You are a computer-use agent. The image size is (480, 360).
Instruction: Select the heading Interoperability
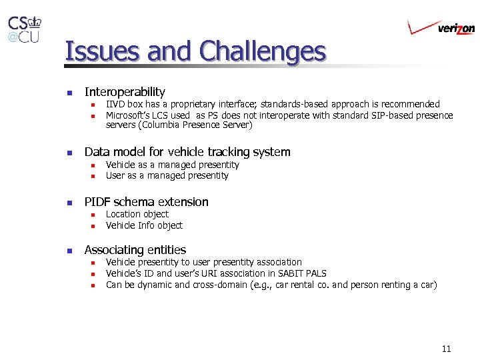click(x=125, y=92)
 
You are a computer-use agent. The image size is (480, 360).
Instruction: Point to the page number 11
click(x=446, y=349)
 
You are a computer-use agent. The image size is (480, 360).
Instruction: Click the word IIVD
click(x=115, y=104)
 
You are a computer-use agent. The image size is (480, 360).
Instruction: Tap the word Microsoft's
click(x=131, y=115)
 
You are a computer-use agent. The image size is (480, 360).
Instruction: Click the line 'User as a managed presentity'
click(x=167, y=176)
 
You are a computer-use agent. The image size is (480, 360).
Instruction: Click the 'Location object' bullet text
click(x=137, y=214)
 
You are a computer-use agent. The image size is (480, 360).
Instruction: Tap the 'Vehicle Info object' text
click(x=144, y=225)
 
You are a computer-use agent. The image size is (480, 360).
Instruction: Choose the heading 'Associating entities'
click(x=135, y=250)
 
